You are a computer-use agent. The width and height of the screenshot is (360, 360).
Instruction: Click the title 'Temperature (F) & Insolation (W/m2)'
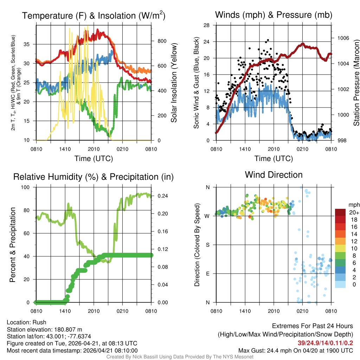point(94,16)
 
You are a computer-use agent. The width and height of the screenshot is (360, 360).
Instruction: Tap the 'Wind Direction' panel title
point(274,175)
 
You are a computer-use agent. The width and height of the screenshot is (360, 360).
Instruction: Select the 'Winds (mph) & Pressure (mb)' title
point(274,15)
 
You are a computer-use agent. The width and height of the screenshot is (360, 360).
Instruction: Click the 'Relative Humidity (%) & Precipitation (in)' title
point(94,177)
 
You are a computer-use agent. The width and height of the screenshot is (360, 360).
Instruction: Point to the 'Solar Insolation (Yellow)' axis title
point(174,83)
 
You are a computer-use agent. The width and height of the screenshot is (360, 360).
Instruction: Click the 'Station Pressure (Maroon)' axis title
point(356,83)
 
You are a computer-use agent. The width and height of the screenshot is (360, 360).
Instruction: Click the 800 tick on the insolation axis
point(162,41)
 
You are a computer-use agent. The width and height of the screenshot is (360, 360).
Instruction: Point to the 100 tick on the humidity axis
point(27,187)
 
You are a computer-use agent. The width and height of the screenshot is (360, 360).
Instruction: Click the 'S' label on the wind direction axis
point(208,245)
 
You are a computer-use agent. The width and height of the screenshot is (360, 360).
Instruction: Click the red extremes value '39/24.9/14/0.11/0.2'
point(323,343)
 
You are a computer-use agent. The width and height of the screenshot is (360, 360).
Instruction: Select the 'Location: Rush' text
point(26,322)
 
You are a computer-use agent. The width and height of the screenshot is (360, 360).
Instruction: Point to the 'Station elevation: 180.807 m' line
point(44,329)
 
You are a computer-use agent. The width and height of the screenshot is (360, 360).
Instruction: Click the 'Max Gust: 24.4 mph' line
point(296,350)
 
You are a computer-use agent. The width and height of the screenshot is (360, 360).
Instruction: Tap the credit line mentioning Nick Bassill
point(180,357)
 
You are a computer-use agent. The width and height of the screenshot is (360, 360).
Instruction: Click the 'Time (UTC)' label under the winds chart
point(274,159)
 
